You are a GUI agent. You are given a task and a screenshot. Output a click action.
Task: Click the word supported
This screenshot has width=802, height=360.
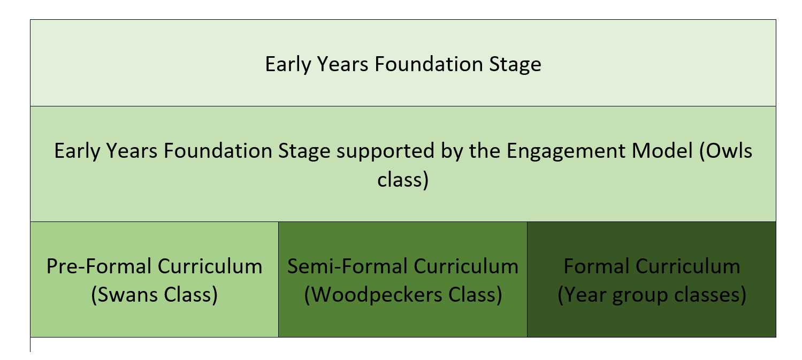tap(386, 151)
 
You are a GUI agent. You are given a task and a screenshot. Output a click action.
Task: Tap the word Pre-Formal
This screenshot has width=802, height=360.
tap(99, 266)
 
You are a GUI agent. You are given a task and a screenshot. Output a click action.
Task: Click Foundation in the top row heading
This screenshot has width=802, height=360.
tap(429, 64)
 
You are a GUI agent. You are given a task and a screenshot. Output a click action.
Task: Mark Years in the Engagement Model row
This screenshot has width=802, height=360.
tap(132, 151)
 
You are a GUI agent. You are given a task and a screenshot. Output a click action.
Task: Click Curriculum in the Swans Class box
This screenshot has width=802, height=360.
tap(210, 266)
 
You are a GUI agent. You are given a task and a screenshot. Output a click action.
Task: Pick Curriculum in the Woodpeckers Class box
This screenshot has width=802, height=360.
tap(466, 266)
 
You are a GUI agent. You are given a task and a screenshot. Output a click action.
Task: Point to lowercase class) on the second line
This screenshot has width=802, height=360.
tap(403, 180)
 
